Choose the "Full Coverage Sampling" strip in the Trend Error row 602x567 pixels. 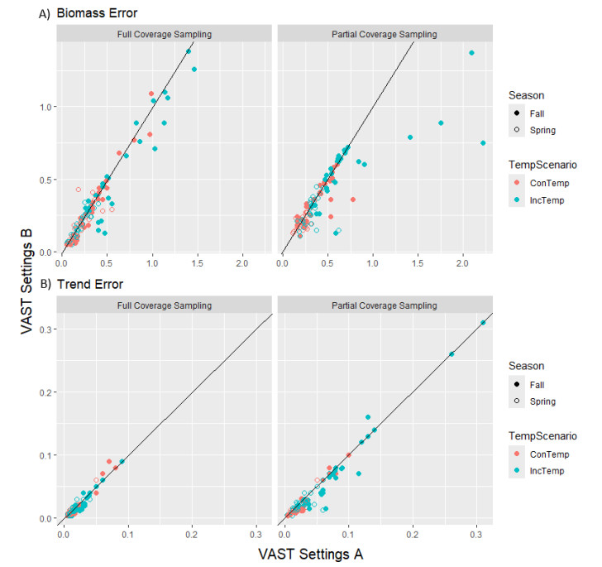[163, 305]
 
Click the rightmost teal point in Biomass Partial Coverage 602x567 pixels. [483, 143]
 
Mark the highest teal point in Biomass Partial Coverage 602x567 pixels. [471, 53]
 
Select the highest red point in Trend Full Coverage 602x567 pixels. [108, 461]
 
